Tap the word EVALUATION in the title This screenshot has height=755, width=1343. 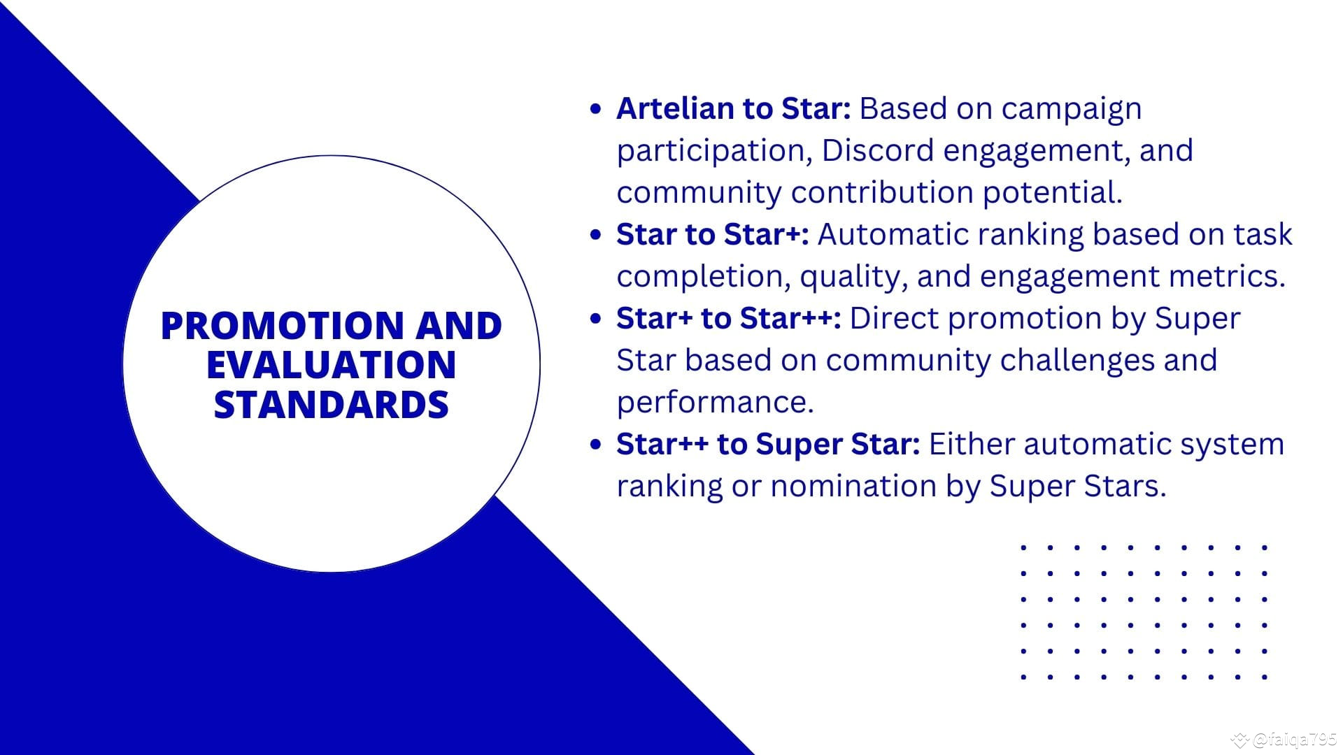(x=332, y=365)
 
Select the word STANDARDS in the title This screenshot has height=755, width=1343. (x=332, y=405)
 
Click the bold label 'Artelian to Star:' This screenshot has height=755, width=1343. (x=734, y=108)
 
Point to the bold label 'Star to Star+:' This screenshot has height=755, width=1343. (x=713, y=234)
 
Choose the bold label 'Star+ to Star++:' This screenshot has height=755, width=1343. (x=729, y=318)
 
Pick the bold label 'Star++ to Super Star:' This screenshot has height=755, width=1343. (x=768, y=444)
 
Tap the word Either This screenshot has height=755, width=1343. (x=972, y=444)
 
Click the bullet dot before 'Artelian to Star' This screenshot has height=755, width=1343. (x=596, y=109)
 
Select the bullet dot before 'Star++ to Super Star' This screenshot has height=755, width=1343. (x=596, y=445)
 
